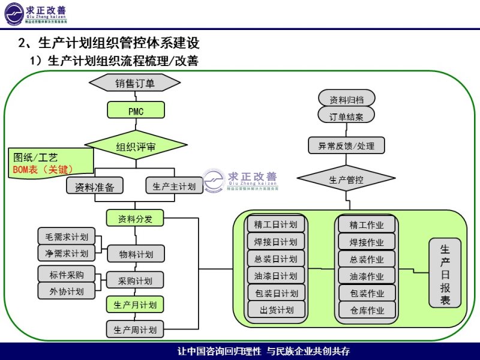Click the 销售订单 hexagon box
135,83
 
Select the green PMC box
136,111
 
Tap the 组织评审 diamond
136,146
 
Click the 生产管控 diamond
346,179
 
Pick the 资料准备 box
94,187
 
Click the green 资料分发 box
135,219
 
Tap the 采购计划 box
135,281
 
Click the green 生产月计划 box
135,305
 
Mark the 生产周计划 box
135,329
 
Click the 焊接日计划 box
275,242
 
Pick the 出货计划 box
275,310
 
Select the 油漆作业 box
367,276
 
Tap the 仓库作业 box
367,310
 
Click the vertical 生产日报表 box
445,275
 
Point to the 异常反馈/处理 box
346,146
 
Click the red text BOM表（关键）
44,170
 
